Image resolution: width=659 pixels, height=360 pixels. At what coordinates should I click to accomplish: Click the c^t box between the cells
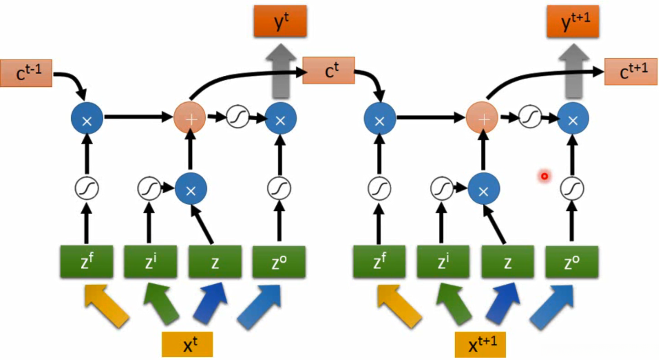[x=329, y=70]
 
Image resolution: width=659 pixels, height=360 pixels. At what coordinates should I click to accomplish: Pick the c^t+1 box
[x=631, y=72]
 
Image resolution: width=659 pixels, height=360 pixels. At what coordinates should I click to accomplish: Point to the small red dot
[x=545, y=175]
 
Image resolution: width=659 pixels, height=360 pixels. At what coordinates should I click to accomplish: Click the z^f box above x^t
[x=86, y=262]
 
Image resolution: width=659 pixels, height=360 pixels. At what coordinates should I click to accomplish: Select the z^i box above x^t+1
[x=443, y=262]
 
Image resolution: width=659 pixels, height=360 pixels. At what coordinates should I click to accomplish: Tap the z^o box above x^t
[x=279, y=262]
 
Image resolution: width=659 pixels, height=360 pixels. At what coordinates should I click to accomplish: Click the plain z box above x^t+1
[x=508, y=262]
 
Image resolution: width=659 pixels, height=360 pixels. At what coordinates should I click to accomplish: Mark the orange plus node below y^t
[x=190, y=118]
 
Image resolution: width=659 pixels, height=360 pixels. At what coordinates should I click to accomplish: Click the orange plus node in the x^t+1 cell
[x=482, y=118]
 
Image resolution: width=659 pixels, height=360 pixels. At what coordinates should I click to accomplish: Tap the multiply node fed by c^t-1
[x=86, y=119]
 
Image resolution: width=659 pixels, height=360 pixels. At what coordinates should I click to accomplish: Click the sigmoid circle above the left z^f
[x=86, y=188]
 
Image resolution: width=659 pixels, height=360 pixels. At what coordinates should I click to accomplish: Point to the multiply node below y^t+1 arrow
[x=573, y=119]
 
